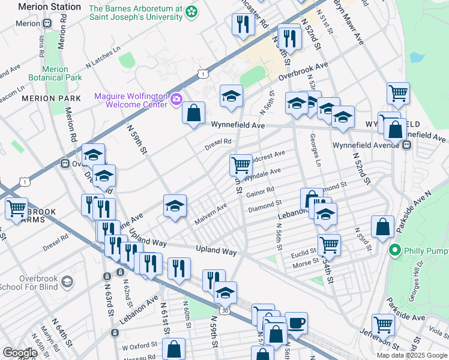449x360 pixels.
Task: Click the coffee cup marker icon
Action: [296, 323]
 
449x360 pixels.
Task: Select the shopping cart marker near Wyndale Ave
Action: [241, 164]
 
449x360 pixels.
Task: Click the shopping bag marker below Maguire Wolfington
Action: [194, 112]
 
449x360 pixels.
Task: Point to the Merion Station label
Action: [49, 7]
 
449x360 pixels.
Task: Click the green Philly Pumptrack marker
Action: [395, 250]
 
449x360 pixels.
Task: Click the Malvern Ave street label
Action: [210, 214]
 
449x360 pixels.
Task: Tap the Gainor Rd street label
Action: [259, 192]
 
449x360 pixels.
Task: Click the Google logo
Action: [20, 352]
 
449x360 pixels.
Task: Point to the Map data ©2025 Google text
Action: [411, 355]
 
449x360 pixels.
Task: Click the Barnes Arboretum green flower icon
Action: [191, 11]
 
